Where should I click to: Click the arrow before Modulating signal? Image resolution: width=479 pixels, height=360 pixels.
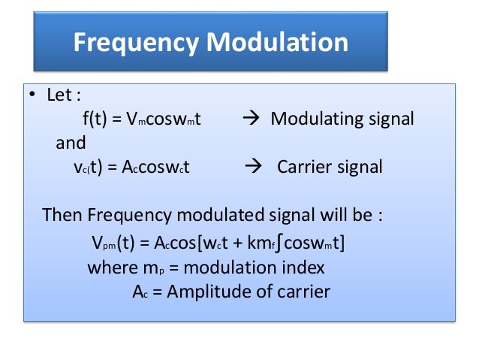pos(251,119)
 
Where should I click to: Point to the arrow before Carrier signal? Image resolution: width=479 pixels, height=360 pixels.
pos(255,167)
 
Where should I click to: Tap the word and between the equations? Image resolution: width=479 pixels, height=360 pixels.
pos(71,143)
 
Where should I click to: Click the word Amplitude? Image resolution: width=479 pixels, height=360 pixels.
pos(207,292)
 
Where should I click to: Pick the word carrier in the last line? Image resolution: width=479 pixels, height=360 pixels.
pos(302,292)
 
